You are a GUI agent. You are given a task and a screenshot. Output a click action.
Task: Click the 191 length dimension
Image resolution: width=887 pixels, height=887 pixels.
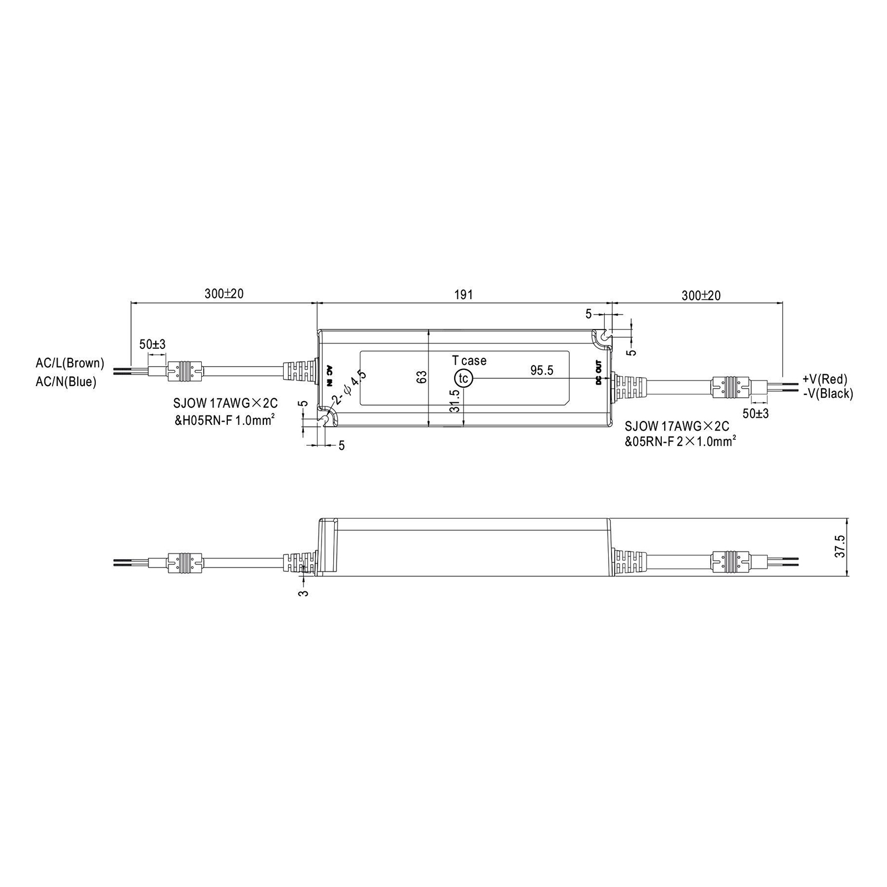click(463, 294)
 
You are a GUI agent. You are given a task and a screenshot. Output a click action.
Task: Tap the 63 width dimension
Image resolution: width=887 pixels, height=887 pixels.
click(422, 377)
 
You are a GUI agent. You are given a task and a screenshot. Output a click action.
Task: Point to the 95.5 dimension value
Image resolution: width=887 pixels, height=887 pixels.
click(542, 370)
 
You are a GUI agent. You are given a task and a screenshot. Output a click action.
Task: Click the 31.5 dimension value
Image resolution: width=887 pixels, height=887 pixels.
click(455, 401)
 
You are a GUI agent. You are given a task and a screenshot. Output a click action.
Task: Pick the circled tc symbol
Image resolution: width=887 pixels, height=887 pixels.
click(463, 378)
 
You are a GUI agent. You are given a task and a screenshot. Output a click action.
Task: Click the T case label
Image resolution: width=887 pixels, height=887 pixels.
click(469, 361)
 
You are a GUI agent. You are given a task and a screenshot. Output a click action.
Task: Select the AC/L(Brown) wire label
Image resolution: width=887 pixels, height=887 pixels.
click(70, 363)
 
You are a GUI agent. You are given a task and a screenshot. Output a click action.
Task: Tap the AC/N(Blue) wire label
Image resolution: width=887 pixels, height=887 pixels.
click(66, 382)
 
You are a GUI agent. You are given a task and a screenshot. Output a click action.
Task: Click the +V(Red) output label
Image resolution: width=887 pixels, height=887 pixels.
click(825, 379)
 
